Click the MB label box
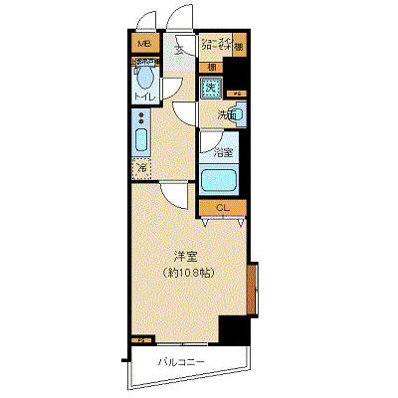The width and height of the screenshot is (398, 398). pyautogui.click(x=143, y=45)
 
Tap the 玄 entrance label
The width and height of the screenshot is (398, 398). pyautogui.click(x=180, y=49)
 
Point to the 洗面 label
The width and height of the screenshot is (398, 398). pyautogui.click(x=227, y=115)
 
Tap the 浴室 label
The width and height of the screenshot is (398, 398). pyautogui.click(x=221, y=153)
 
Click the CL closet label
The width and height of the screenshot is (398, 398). pyautogui.click(x=223, y=208)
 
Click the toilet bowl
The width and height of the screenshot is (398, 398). pyautogui.click(x=145, y=80)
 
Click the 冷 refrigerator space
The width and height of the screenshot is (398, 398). pyautogui.click(x=140, y=168)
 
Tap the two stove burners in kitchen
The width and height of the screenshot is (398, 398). pyautogui.click(x=140, y=140)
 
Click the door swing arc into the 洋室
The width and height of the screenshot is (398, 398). pyautogui.click(x=173, y=194)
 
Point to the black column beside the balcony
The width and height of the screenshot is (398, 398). pyautogui.click(x=232, y=333)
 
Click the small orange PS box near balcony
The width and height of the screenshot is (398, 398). pyautogui.click(x=136, y=339)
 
